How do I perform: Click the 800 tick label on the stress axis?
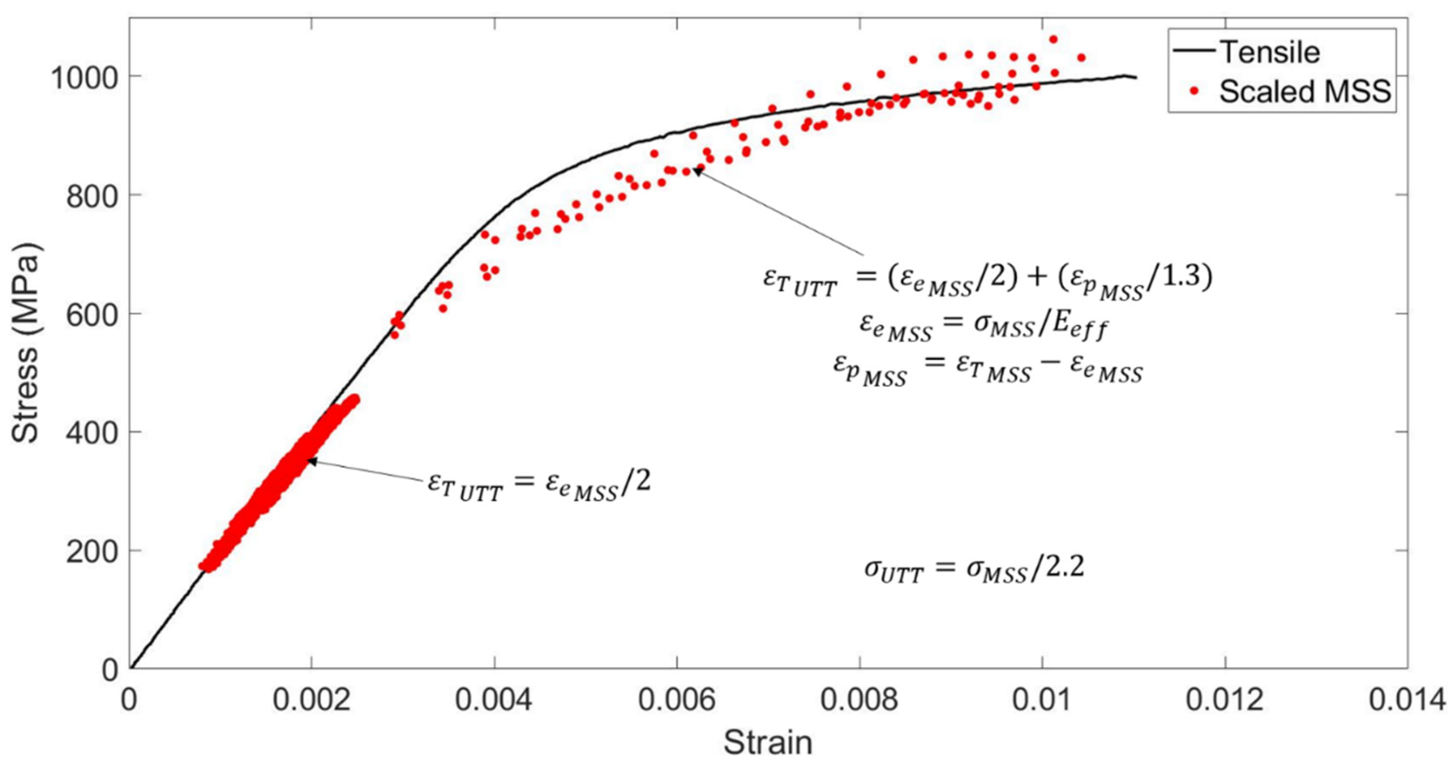[91, 195]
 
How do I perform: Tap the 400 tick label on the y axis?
[91, 432]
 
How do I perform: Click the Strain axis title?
[768, 742]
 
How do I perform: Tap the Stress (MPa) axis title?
[25, 344]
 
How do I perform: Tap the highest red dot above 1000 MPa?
[1053, 39]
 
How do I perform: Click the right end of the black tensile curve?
[1136, 78]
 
